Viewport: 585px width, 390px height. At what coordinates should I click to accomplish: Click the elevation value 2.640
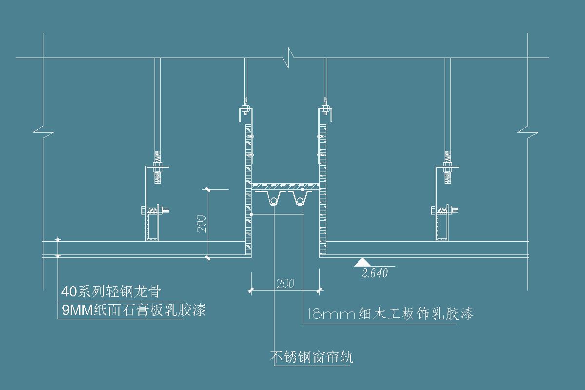[375, 273]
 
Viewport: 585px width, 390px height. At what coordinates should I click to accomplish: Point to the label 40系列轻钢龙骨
[111, 292]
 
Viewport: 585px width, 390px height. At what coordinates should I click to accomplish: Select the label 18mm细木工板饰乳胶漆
[390, 313]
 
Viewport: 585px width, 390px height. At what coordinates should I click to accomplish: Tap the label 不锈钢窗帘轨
[312, 358]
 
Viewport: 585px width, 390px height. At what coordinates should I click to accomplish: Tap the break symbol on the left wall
[43, 131]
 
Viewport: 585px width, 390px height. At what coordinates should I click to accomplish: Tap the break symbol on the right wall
[527, 131]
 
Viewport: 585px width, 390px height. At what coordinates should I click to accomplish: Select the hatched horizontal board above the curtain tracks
[286, 187]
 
